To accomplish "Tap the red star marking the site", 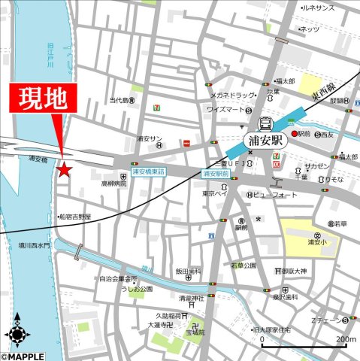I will (64, 170).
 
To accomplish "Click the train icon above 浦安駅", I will (265, 123).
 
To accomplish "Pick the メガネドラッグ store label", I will (234, 96).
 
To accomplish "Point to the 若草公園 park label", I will (244, 265).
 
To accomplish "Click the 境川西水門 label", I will (34, 245).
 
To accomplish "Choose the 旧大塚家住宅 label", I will (298, 329).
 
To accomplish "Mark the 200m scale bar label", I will (346, 340).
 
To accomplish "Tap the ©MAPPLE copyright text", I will (23, 356).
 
